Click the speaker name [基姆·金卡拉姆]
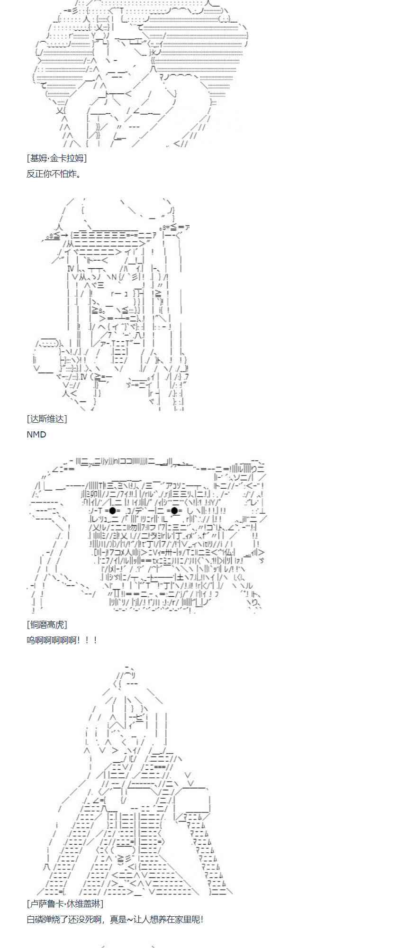click(57, 158)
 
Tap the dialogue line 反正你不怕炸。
click(54, 174)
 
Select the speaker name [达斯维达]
click(47, 419)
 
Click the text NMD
click(36, 434)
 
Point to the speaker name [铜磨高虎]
click(47, 625)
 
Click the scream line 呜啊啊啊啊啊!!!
click(62, 640)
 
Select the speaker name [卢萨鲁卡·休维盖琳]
click(65, 904)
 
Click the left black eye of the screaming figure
click(112, 510)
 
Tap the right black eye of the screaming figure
click(174, 510)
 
